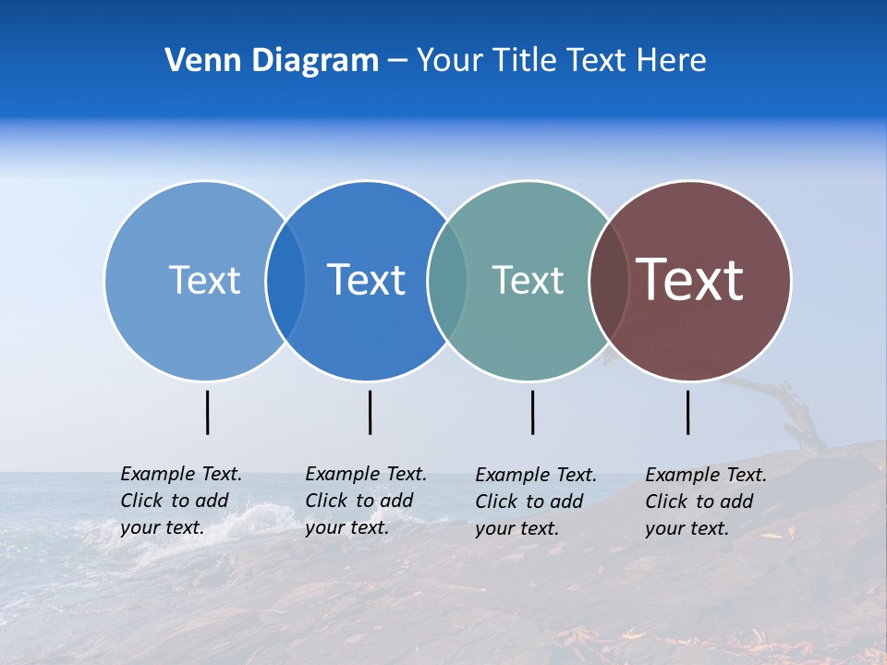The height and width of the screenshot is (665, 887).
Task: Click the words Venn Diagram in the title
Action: tap(272, 61)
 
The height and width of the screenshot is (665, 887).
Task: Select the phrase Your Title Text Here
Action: tap(561, 61)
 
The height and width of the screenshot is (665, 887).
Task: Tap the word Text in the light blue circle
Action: tap(204, 280)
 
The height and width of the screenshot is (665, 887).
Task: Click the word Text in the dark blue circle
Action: tap(366, 280)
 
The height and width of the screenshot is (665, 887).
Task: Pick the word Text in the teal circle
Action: tap(528, 280)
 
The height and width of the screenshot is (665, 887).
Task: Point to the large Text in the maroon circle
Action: tap(690, 279)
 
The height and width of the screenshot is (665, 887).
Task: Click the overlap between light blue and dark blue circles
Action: tap(286, 280)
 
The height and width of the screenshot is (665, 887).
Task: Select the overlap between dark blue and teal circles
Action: tap(447, 280)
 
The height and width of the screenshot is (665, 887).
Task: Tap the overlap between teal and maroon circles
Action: tap(608, 280)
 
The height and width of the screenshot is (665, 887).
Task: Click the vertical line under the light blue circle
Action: tap(208, 412)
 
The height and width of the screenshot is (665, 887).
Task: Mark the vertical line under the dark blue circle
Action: tap(370, 412)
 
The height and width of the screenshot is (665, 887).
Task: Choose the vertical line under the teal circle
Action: tap(532, 412)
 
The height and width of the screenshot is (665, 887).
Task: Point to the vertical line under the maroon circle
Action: tap(687, 412)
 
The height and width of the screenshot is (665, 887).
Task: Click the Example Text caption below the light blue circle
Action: tap(181, 501)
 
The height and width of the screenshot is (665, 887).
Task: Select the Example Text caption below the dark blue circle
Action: tap(366, 501)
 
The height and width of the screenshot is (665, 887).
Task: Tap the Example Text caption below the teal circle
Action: tap(536, 502)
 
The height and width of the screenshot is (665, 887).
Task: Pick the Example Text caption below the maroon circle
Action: tap(706, 502)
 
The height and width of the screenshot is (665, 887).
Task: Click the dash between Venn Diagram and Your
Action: tap(397, 61)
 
